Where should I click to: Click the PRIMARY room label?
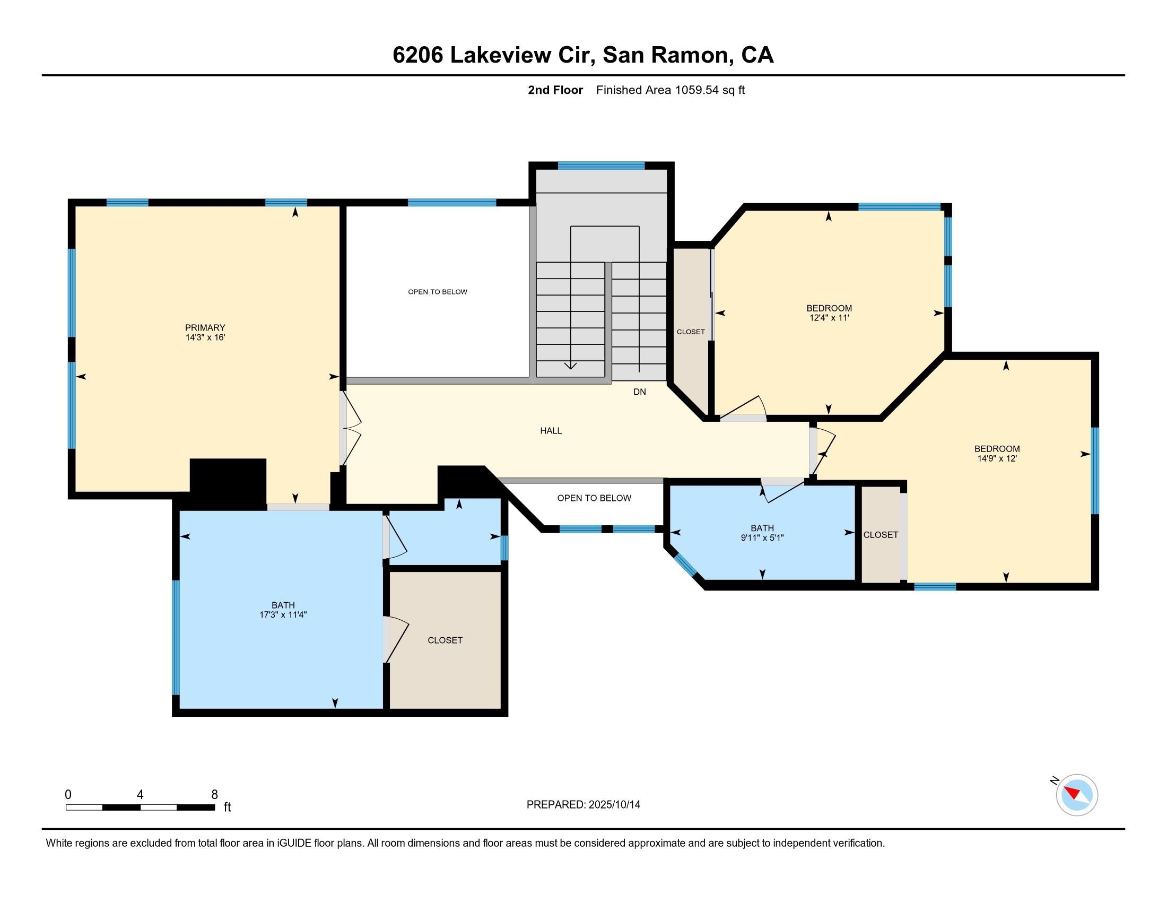[x=205, y=327]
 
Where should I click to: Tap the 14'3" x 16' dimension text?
[x=205, y=337]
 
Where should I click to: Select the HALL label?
[x=551, y=431]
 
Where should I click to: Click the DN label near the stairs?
[x=639, y=392]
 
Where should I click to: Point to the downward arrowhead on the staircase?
[x=570, y=366]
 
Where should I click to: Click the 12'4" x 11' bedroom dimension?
[x=829, y=318]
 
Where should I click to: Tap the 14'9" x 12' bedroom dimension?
[x=997, y=458]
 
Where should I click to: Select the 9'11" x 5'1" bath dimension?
[x=761, y=538]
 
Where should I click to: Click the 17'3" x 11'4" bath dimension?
[x=283, y=615]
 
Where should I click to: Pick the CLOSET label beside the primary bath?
[x=445, y=640]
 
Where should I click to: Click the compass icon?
[x=1076, y=795]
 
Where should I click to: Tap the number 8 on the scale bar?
[x=214, y=795]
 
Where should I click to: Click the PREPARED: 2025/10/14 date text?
[x=583, y=805]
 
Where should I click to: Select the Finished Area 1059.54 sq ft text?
[x=670, y=90]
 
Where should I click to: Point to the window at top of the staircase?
[x=601, y=166]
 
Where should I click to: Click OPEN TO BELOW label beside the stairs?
[x=437, y=292]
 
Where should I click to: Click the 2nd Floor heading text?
[x=555, y=90]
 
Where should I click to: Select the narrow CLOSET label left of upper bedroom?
[x=690, y=332]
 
